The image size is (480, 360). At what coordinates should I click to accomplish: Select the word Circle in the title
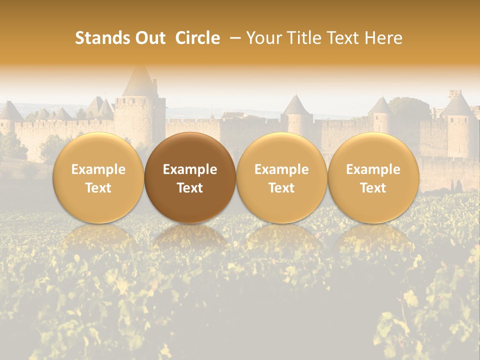coord(197,38)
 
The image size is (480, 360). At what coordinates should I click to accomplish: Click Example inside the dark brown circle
coord(190,169)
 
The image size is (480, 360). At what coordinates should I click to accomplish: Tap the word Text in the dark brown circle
coord(190,188)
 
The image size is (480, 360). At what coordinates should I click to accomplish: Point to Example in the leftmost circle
coord(98,169)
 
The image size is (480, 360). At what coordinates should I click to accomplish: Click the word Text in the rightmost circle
coord(373,188)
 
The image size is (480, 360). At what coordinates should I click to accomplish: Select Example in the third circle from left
coord(281,169)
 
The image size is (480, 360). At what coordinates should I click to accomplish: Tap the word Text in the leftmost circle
coord(98,188)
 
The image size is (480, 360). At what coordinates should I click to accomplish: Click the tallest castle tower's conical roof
coord(140,82)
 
